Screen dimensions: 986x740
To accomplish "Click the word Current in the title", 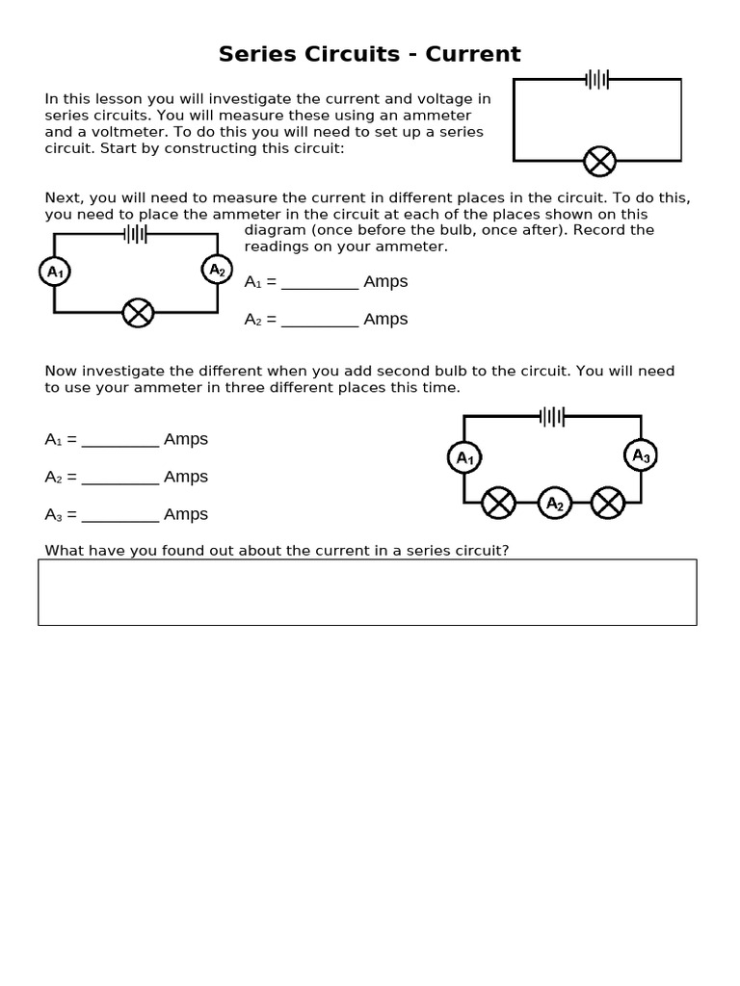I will pyautogui.click(x=472, y=54).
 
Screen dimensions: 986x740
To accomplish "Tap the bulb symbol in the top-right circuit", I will pyautogui.click(x=600, y=161).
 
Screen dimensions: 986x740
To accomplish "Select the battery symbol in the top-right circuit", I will pyautogui.click(x=597, y=79).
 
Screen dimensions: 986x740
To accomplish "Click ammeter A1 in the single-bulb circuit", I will pyautogui.click(x=55, y=272).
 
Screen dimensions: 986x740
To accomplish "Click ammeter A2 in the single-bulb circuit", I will pyautogui.click(x=217, y=271).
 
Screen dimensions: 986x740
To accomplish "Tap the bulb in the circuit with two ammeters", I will pyautogui.click(x=138, y=312).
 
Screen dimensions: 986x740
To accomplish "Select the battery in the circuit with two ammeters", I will pyautogui.click(x=136, y=233).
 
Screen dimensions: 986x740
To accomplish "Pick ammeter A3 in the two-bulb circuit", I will pyautogui.click(x=640, y=455).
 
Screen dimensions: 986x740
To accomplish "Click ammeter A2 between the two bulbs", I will pyautogui.click(x=554, y=503).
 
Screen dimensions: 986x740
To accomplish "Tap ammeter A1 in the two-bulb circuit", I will pyautogui.click(x=464, y=457).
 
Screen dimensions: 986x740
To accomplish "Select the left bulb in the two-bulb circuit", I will pyautogui.click(x=498, y=503).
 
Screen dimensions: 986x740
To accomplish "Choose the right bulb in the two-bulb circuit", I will pyautogui.click(x=608, y=503).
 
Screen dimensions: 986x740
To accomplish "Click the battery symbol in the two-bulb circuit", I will pyautogui.click(x=552, y=416).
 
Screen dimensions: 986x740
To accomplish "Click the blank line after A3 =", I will pyautogui.click(x=120, y=515).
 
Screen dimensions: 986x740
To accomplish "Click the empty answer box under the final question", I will pyautogui.click(x=367, y=592).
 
